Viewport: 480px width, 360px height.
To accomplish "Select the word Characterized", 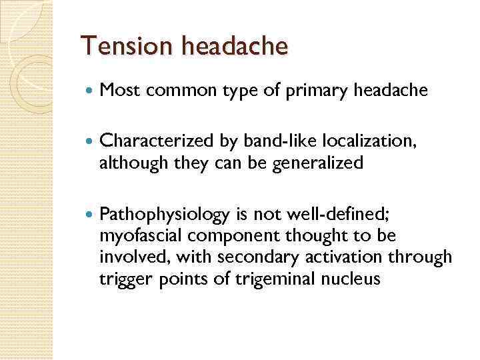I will tap(156, 142).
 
